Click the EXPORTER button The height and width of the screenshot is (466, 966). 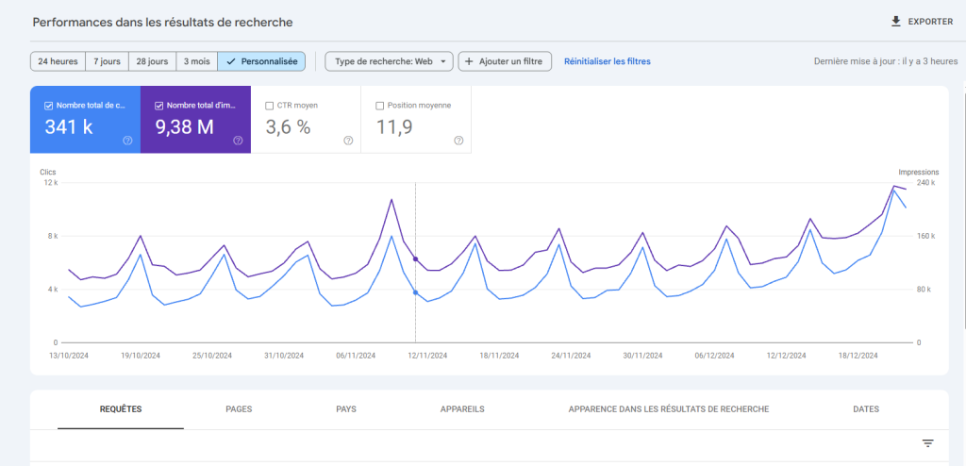(922, 22)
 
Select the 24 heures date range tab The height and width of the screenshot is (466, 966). (58, 61)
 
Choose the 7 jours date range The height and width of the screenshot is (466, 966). (107, 61)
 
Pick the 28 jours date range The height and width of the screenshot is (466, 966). (152, 61)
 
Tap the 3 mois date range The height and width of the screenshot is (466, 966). (196, 61)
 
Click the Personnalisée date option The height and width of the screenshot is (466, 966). (261, 61)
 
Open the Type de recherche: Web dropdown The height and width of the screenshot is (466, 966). (389, 61)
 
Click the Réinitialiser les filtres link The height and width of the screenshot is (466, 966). (607, 61)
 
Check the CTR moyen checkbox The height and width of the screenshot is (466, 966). (270, 106)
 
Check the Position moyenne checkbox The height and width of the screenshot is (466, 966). (380, 106)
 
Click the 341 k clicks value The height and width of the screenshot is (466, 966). (69, 127)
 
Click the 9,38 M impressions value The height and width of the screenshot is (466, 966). (185, 127)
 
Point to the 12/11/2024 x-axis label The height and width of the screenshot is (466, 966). (427, 356)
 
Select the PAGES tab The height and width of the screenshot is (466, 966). (239, 409)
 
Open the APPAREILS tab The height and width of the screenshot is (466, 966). (462, 409)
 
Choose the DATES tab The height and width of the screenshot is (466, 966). (865, 409)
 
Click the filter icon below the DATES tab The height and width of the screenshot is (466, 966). (927, 443)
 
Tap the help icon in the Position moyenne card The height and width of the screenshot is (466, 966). (458, 141)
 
